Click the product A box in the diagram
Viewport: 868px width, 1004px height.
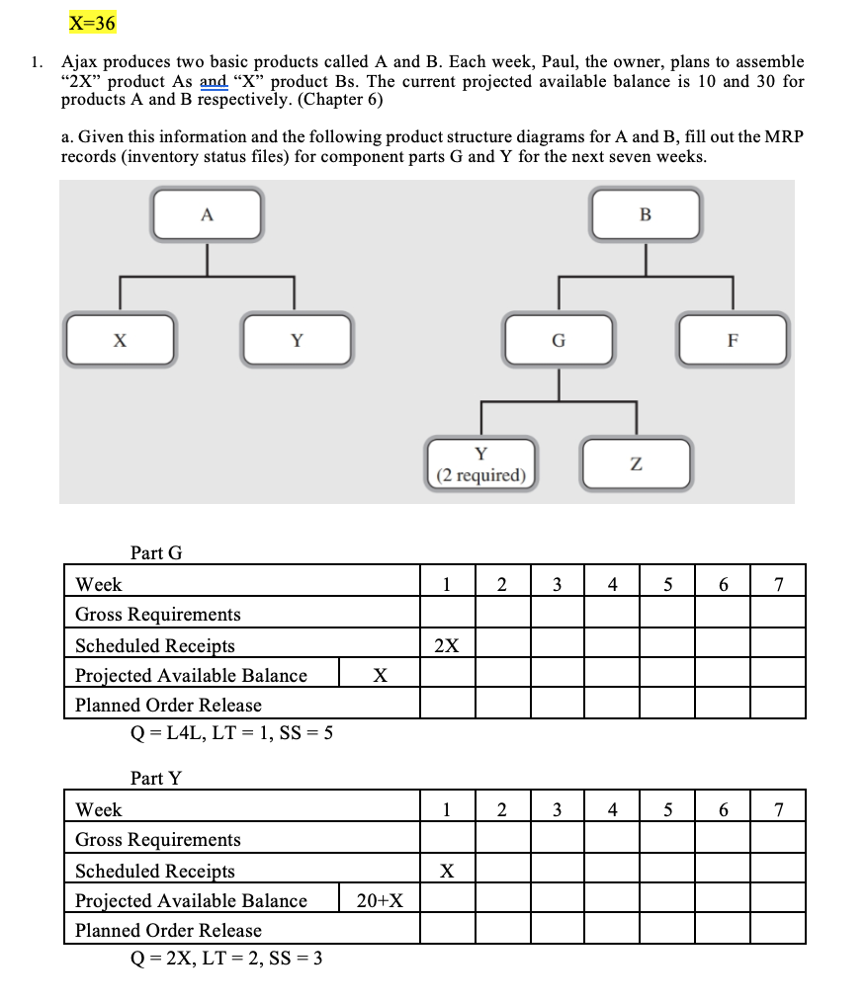207,214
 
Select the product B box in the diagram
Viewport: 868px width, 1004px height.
646,214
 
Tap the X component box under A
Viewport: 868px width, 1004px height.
120,340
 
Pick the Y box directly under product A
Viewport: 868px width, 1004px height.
296,340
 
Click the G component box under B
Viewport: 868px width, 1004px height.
559,340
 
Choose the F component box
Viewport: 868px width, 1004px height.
733,340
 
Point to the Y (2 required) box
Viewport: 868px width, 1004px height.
481,464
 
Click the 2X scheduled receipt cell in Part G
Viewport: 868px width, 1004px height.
447,645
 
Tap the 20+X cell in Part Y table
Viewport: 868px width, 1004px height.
380,900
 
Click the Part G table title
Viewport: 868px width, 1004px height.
156,552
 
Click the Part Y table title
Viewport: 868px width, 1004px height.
156,778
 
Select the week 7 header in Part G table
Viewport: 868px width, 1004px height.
779,584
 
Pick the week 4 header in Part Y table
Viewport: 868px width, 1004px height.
613,809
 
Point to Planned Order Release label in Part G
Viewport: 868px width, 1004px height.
168,705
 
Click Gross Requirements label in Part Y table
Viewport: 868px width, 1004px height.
158,839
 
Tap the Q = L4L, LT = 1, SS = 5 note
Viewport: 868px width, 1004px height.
231,732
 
